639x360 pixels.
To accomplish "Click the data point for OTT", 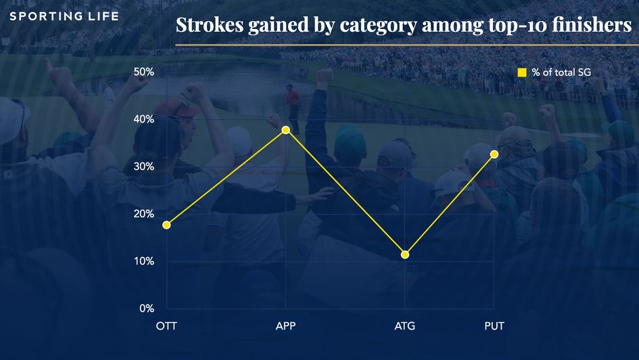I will pos(166,225).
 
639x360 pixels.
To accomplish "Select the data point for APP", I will pos(285,129).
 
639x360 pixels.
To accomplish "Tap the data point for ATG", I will pos(404,254).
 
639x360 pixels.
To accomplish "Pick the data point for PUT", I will pos(494,154).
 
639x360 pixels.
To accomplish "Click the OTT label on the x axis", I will pos(166,326).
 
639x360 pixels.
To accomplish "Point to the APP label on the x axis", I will pos(285,326).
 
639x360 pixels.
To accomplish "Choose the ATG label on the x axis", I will pos(404,326).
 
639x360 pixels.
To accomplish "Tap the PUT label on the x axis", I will pos(494,326).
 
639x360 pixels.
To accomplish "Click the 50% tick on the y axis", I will pos(144,72).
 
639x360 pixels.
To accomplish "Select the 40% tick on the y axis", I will pos(144,119).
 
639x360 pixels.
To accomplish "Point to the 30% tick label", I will pos(144,166).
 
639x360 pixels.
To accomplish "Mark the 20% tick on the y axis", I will pos(144,214).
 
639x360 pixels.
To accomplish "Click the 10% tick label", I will pos(144,261).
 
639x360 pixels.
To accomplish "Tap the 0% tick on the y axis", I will pos(147,309).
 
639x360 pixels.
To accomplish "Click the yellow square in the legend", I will pos(521,72).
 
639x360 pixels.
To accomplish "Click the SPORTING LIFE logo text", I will pos(64,16).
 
